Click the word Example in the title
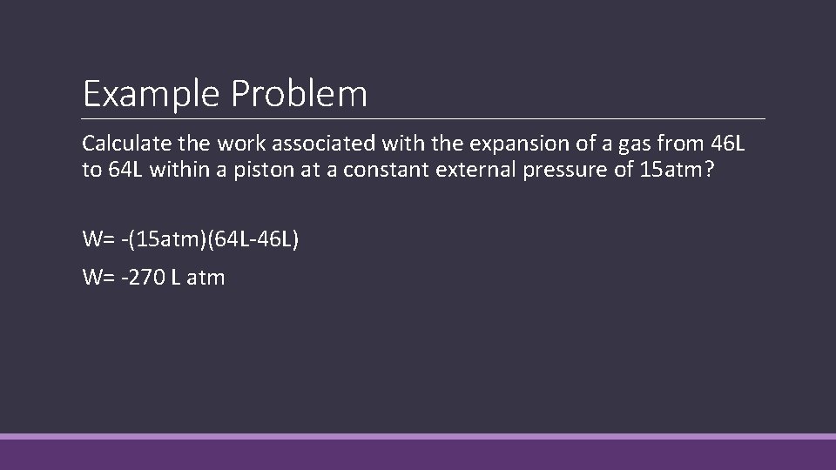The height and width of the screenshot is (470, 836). tap(152, 94)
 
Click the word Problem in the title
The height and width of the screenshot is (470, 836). tap(300, 94)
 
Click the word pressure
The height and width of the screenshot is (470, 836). tap(564, 170)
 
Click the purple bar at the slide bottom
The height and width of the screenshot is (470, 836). tap(418, 453)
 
